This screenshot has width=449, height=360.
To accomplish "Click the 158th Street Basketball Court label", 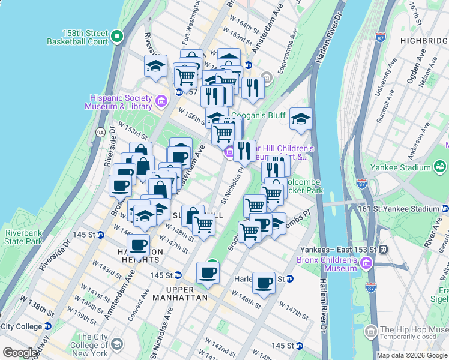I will (x=78, y=37).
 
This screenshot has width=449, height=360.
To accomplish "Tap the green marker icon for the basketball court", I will (x=119, y=37).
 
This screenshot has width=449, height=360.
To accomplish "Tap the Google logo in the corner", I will (x=19, y=353).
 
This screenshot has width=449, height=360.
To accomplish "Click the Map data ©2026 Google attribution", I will (x=411, y=355).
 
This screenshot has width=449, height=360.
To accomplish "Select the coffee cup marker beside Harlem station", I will (x=264, y=282).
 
